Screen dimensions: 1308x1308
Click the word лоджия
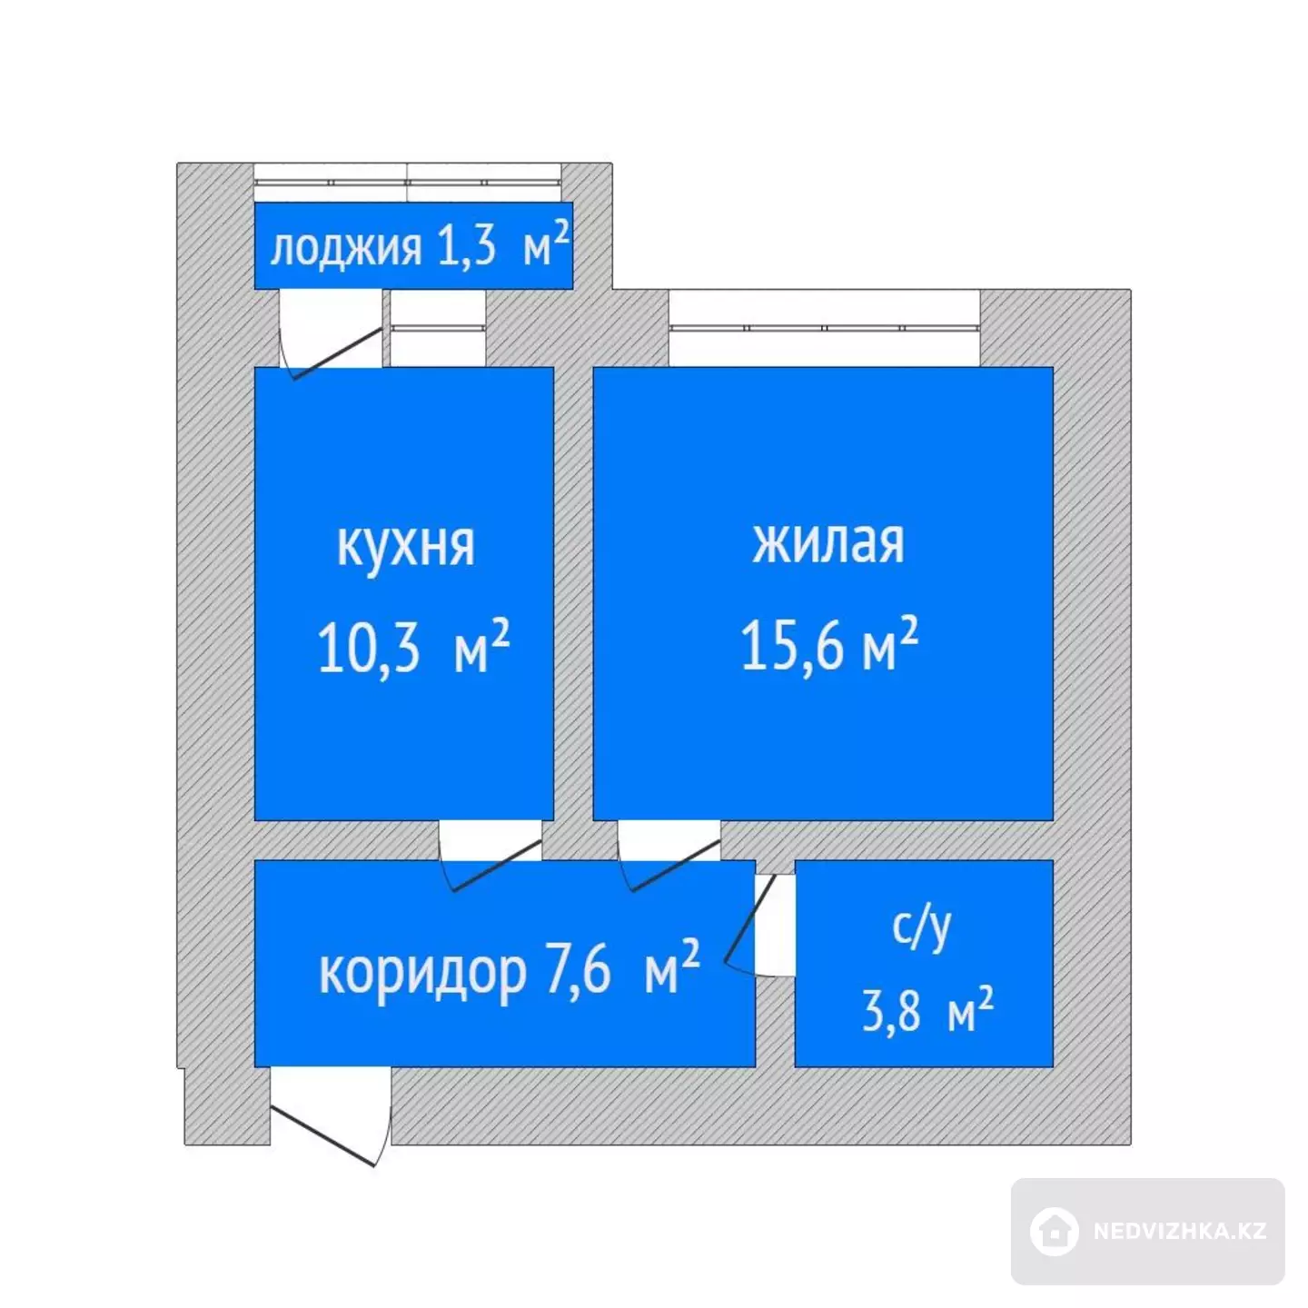coord(345,249)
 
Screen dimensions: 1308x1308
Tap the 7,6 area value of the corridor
coord(578,972)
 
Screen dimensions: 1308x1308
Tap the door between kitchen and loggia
coord(337,353)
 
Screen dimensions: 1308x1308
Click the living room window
coord(824,328)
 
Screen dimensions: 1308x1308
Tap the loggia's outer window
coord(407,183)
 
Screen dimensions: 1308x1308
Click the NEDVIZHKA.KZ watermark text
coord(1180,1231)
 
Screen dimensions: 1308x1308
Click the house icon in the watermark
coord(1054,1232)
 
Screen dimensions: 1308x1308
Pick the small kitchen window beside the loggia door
coord(439,328)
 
